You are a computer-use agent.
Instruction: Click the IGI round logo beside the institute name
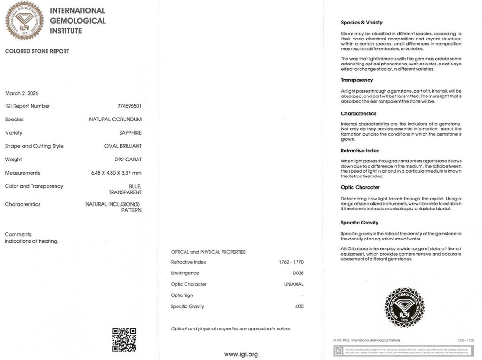click(x=24, y=20)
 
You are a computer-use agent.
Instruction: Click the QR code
click(x=124, y=340)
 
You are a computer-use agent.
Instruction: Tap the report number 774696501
click(x=129, y=106)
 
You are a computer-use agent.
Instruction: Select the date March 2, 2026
click(x=22, y=93)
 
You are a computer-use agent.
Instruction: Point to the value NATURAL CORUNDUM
click(x=115, y=120)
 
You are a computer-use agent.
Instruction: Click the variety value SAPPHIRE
click(x=131, y=133)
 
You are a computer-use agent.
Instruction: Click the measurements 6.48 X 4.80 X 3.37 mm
click(x=116, y=173)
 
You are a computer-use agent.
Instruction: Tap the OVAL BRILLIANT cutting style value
click(x=123, y=146)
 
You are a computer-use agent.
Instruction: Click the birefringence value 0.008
click(x=298, y=273)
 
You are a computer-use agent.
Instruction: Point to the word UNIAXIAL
click(x=294, y=284)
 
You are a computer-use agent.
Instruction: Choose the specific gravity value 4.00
click(x=299, y=307)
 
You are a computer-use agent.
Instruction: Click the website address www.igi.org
click(x=241, y=354)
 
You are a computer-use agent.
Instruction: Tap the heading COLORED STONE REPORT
click(x=37, y=51)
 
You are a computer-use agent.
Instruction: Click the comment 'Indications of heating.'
click(x=32, y=241)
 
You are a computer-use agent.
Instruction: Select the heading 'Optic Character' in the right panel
click(x=360, y=187)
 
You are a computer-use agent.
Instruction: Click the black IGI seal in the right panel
click(x=405, y=307)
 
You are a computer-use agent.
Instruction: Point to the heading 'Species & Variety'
click(x=361, y=23)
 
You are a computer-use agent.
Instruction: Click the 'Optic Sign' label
click(x=182, y=296)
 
